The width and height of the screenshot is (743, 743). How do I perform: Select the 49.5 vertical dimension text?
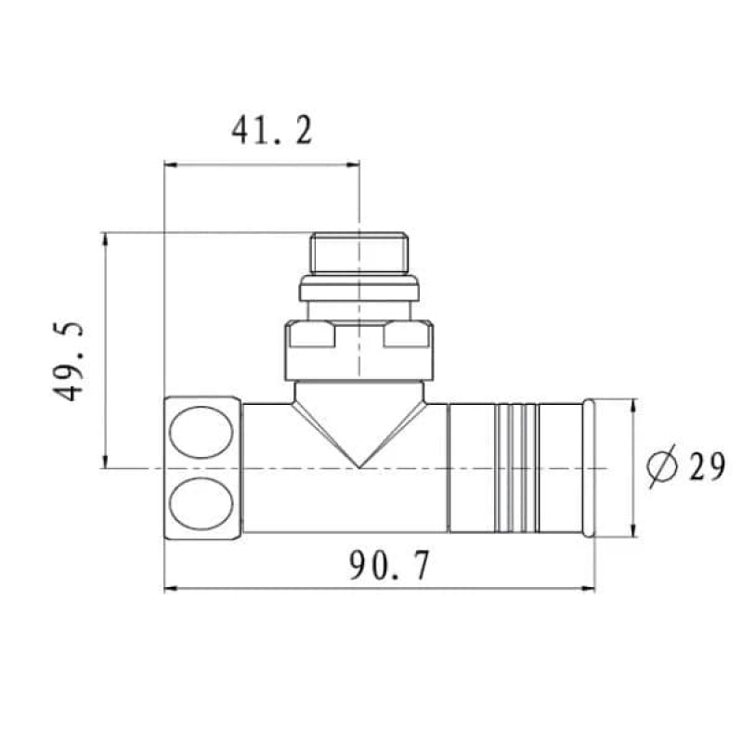(68, 361)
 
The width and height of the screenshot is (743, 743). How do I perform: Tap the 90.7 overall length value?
(389, 565)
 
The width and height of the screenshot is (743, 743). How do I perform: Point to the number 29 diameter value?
(707, 466)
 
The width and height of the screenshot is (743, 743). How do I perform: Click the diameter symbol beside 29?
(662, 466)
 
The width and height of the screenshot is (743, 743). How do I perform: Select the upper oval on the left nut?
(202, 432)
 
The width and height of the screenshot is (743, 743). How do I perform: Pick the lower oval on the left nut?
(202, 503)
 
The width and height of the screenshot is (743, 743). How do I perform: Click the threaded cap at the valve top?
(359, 253)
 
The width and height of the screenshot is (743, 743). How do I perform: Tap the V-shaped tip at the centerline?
(359, 467)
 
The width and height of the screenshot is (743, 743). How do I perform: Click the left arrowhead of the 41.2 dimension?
(171, 165)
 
